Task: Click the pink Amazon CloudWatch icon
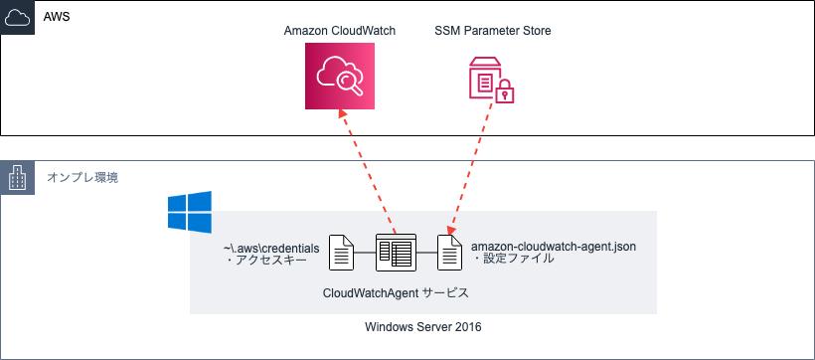(x=340, y=76)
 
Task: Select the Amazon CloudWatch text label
(x=340, y=31)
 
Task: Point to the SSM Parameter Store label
(x=493, y=31)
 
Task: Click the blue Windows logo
(x=189, y=213)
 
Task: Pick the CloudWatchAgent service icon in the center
(x=395, y=254)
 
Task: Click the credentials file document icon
(x=342, y=254)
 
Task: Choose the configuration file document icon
(x=450, y=254)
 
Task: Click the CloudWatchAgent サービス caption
(x=396, y=293)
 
